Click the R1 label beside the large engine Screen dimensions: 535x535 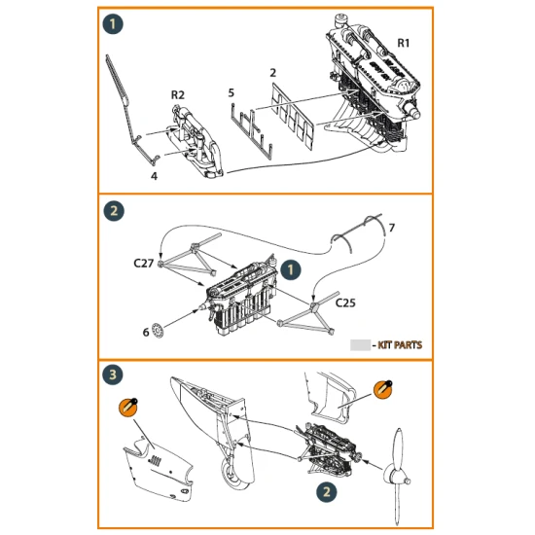click(403, 44)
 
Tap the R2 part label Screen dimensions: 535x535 click(177, 94)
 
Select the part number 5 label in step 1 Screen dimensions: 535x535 click(231, 92)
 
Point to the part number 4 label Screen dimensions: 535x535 click(153, 176)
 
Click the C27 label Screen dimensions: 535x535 click(142, 262)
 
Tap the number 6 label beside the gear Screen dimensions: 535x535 click(146, 332)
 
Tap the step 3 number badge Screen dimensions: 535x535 click(114, 374)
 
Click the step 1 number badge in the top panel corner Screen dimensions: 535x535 click(114, 21)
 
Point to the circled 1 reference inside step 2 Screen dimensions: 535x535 click(292, 266)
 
